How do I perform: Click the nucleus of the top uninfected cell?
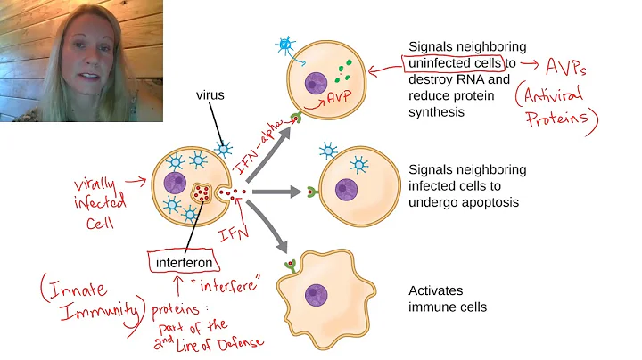click(318, 86)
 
